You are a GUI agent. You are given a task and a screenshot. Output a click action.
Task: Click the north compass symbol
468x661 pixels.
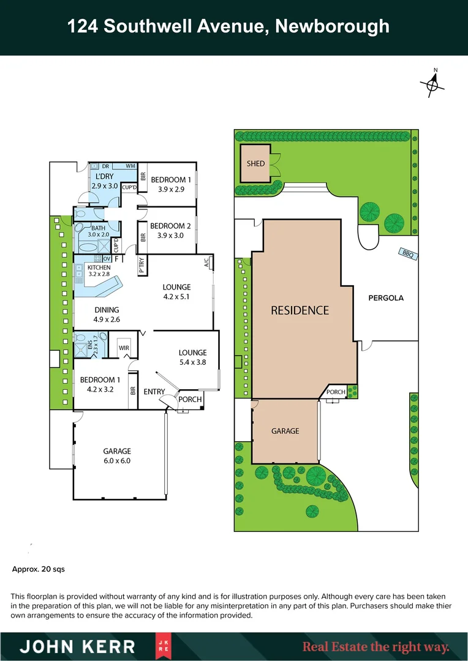432,85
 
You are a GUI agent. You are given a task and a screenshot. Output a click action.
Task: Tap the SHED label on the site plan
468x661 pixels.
255,163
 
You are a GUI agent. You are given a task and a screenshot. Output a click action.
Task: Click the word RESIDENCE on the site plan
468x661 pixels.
300,310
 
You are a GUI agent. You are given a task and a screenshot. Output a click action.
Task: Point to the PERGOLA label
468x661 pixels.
387,298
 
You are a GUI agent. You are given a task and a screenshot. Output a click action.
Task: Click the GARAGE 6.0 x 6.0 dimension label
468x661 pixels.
116,456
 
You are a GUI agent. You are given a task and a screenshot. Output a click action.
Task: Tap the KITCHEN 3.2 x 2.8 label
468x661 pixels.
99,271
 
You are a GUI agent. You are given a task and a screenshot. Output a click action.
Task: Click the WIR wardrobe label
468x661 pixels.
124,348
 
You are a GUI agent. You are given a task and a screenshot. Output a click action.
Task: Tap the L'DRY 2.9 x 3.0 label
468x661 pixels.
104,181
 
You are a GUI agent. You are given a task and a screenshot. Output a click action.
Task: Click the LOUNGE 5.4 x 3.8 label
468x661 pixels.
192,357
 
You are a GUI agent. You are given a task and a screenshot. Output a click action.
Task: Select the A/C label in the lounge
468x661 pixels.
206,263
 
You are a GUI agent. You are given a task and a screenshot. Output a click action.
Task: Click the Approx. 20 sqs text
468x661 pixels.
39,569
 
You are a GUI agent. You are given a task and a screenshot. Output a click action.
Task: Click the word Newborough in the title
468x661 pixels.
332,26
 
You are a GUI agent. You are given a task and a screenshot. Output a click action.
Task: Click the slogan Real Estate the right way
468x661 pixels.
376,646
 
